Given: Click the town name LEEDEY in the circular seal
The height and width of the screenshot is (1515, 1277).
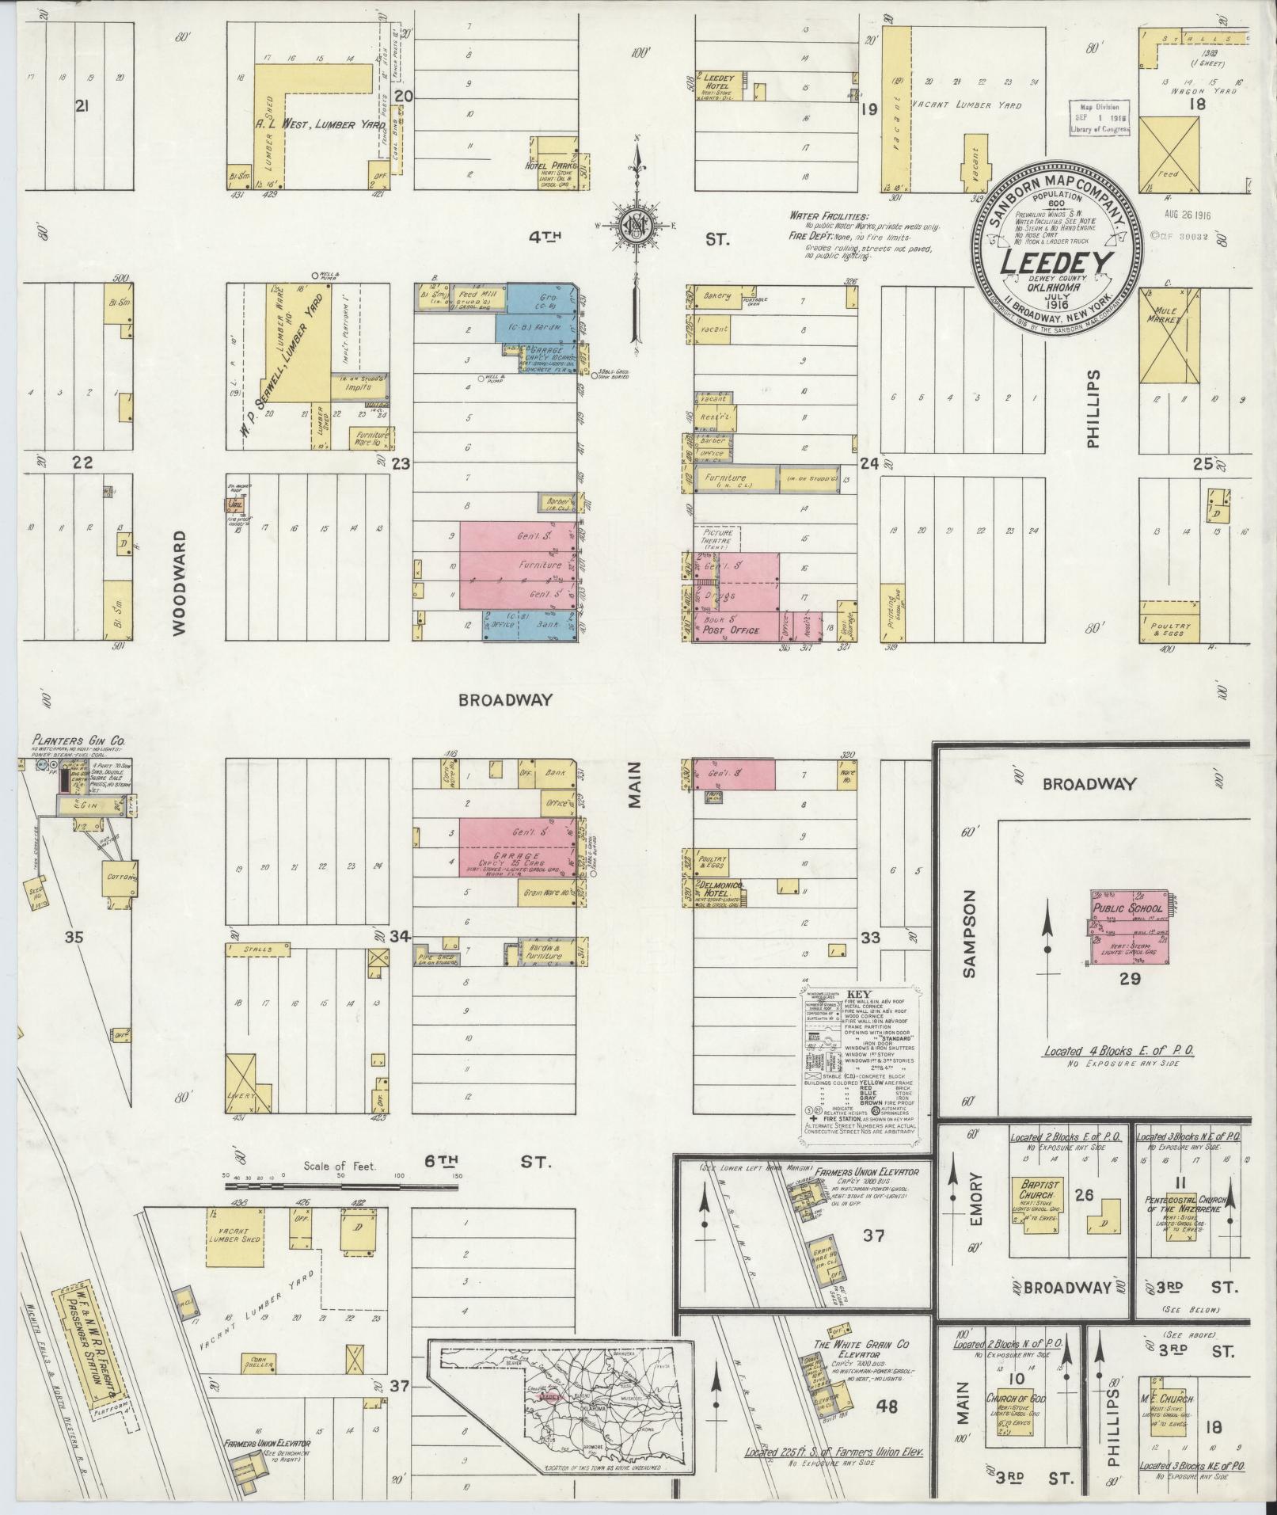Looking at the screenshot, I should (x=1057, y=263).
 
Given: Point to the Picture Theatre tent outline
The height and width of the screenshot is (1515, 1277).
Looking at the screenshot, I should (x=717, y=539).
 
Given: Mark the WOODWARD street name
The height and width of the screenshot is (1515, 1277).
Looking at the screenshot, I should (x=178, y=582).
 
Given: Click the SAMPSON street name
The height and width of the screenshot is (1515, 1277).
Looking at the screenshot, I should (x=971, y=932).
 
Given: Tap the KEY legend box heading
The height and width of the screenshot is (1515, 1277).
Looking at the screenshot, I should (x=858, y=993).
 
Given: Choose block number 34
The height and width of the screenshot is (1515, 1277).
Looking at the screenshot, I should (x=400, y=937).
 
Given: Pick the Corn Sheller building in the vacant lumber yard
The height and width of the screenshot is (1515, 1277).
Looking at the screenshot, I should (x=257, y=1363).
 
